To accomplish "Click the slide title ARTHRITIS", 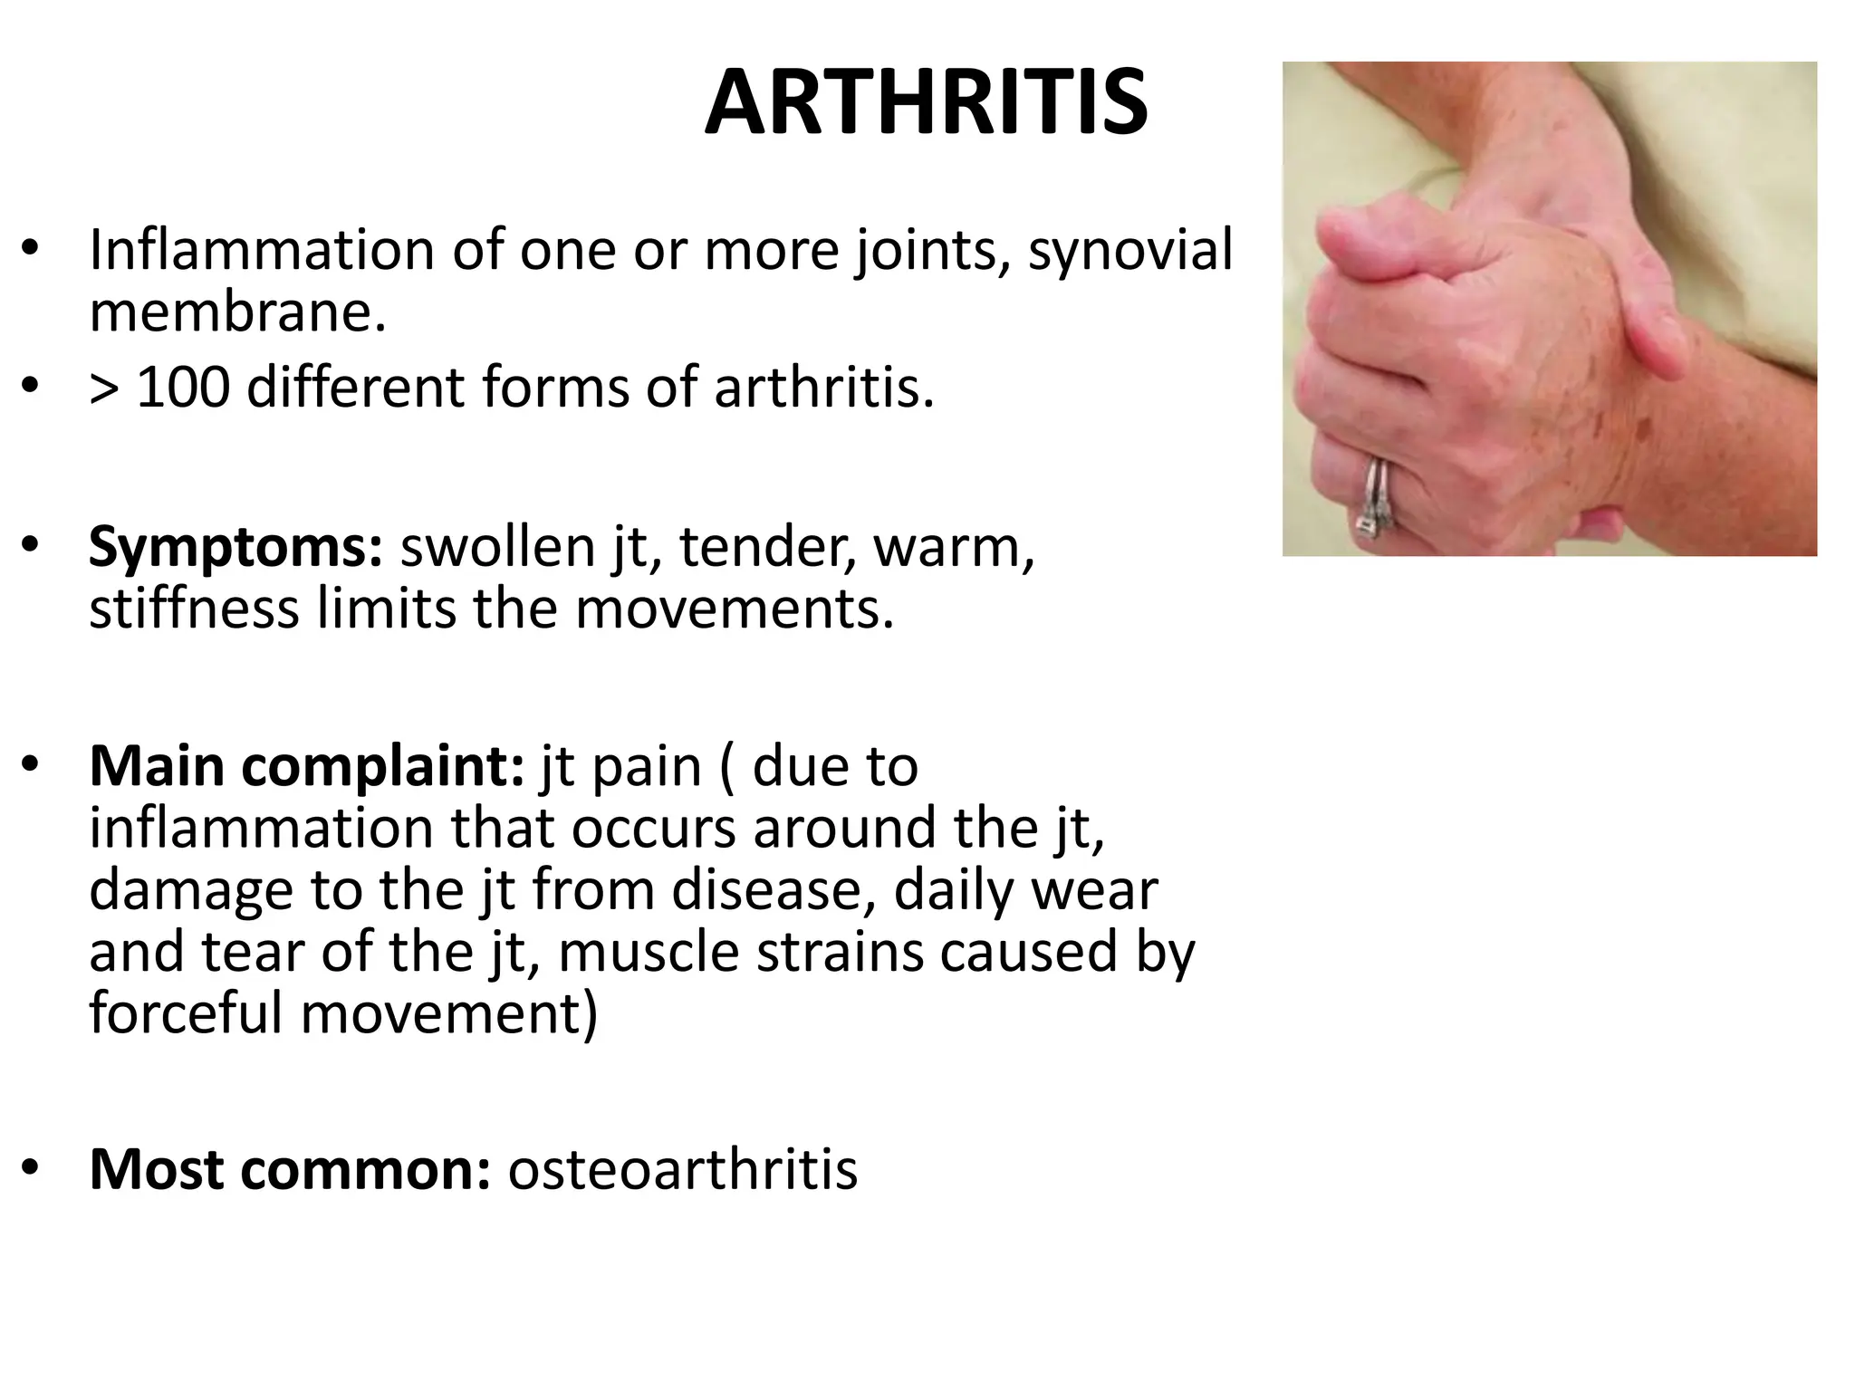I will click(x=926, y=103).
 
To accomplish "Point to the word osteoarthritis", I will click(x=682, y=1168).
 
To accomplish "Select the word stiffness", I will click(x=194, y=608).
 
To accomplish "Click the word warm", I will click(x=953, y=548).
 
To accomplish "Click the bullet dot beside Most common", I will click(x=31, y=1168).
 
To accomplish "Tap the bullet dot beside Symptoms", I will click(x=31, y=548).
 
